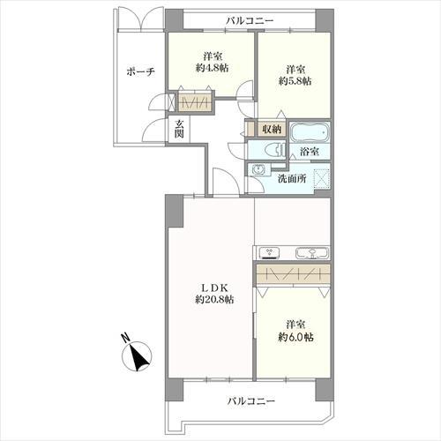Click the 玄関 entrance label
click(x=179, y=129)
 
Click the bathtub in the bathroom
click(x=309, y=132)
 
